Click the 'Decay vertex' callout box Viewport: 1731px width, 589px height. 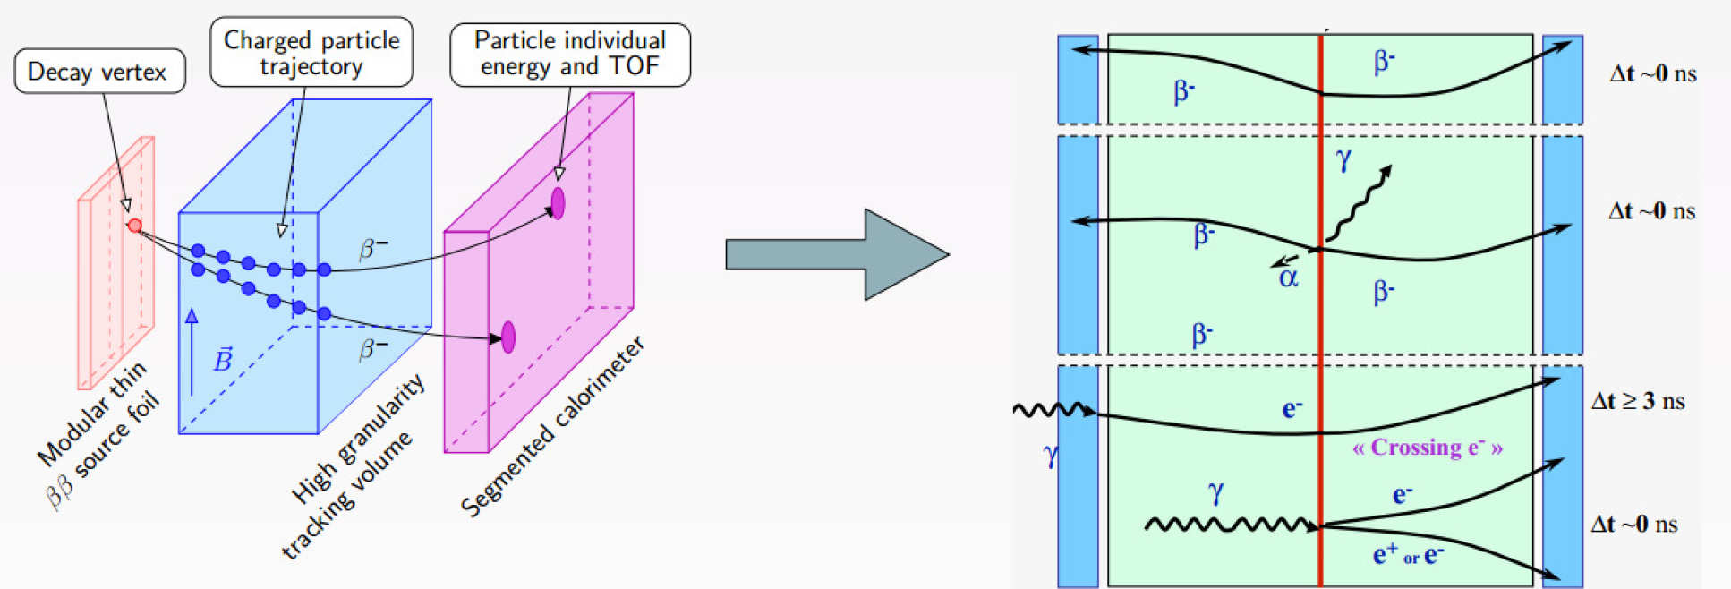pos(98,72)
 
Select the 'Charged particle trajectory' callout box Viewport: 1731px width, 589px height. pos(311,53)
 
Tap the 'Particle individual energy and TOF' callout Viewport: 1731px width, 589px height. pos(570,55)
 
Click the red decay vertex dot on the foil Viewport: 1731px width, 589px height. pos(135,226)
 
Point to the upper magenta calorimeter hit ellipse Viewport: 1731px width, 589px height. pos(558,203)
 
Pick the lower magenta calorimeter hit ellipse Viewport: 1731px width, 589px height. pos(508,337)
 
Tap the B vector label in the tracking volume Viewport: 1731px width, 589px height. pos(222,360)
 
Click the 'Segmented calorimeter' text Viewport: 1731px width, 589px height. pos(551,427)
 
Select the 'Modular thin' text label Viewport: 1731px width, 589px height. pos(90,414)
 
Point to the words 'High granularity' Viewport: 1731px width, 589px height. pos(357,439)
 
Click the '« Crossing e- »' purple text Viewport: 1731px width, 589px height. pos(1427,447)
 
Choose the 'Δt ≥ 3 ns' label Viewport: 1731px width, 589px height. pos(1637,401)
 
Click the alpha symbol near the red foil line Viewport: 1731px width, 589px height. pos(1288,278)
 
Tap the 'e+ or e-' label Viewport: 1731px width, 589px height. pos(1407,556)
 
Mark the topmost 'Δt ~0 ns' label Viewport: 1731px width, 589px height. pos(1652,73)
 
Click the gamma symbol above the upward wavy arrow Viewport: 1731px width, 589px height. pos(1343,159)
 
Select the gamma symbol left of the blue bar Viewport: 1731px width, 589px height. pos(1051,455)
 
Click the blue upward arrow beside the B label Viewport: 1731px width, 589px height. pos(191,352)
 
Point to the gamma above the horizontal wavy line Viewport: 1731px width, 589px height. pos(1215,491)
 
